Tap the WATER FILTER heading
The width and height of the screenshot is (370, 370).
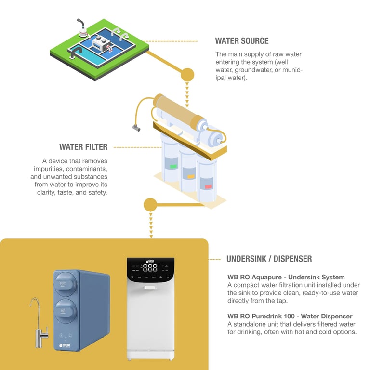pyautogui.click(x=83, y=147)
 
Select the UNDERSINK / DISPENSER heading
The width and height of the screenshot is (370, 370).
pyautogui.click(x=269, y=259)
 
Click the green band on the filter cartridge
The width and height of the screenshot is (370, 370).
pyautogui.click(x=173, y=167)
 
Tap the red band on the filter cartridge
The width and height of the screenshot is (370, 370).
pyautogui.click(x=208, y=186)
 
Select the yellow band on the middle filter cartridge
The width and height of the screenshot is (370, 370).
pyautogui.click(x=191, y=177)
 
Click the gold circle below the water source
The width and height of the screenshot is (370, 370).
pyautogui.click(x=187, y=75)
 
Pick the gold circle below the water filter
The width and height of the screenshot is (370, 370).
pyautogui.click(x=150, y=205)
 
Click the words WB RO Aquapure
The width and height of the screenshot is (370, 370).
pyautogui.click(x=261, y=277)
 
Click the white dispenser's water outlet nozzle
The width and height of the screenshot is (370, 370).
pyautogui.click(x=150, y=288)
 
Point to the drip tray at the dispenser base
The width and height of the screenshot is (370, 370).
pyautogui.click(x=150, y=356)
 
